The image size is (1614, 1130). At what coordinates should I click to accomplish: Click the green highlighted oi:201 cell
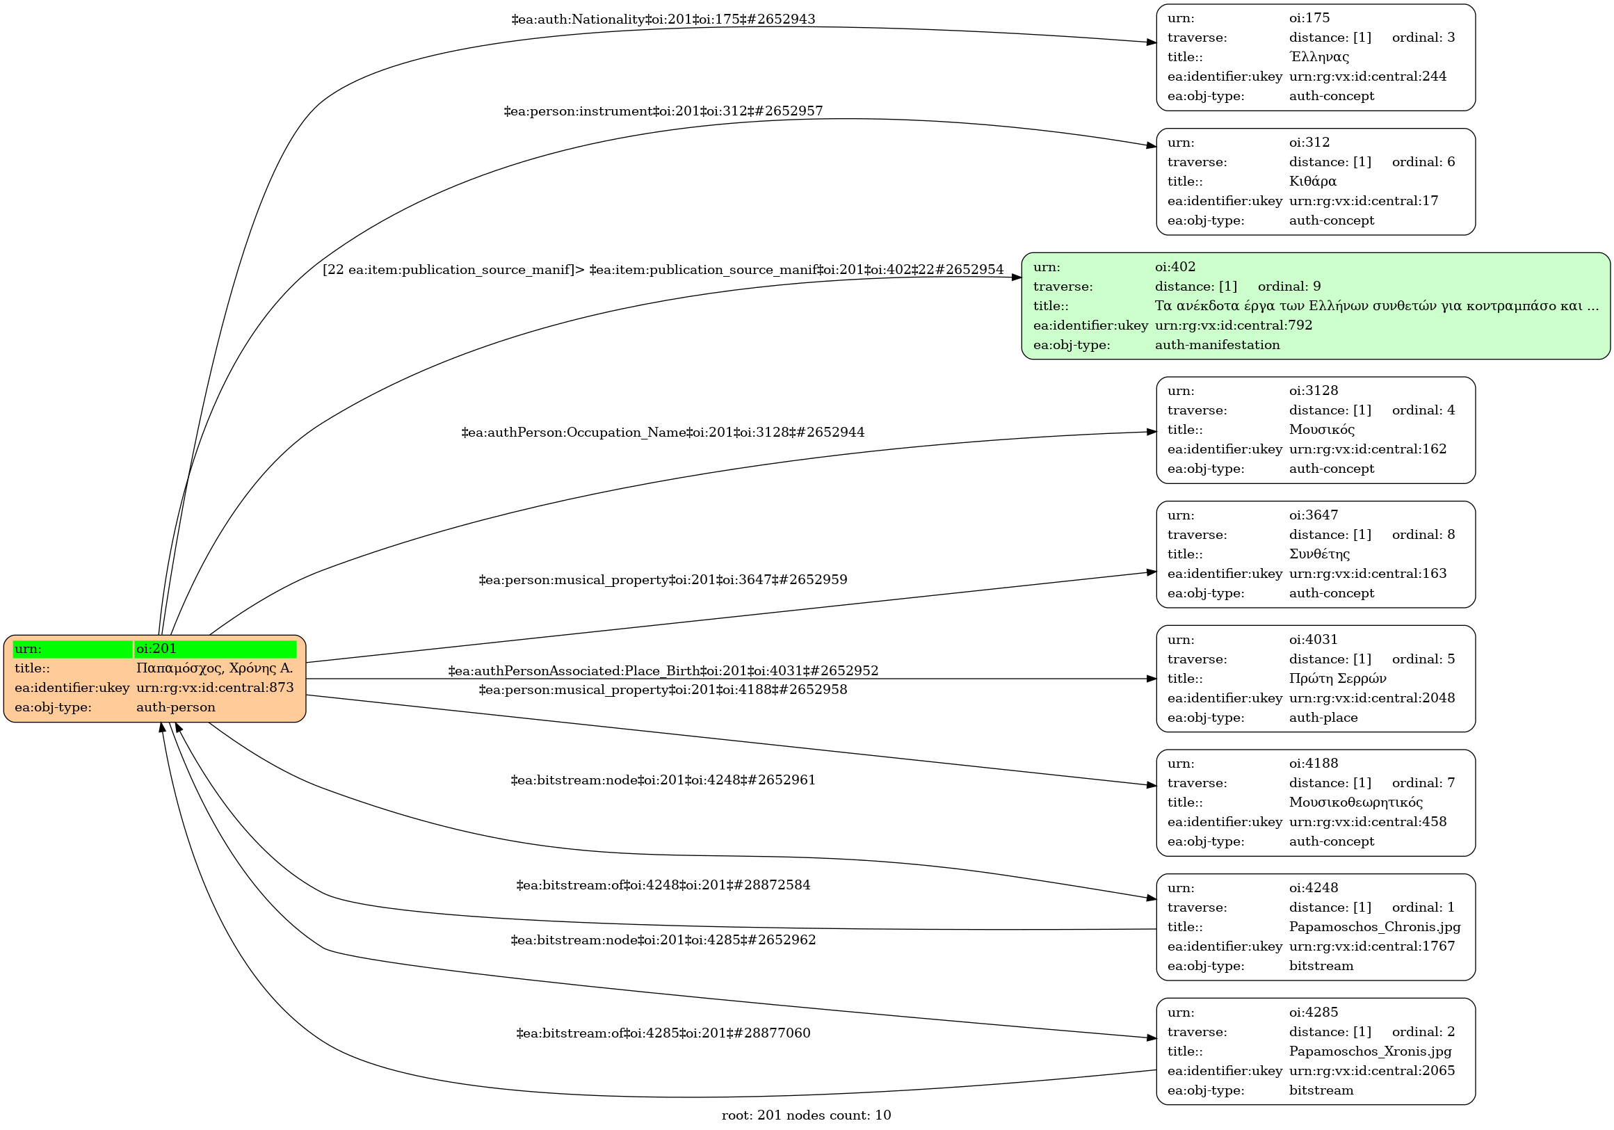pos(214,648)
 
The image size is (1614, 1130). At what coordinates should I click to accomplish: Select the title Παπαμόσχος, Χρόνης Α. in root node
pos(214,668)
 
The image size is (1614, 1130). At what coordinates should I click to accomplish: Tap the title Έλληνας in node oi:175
pos(1318,57)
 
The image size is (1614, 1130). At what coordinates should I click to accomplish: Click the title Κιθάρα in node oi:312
pos(1312,181)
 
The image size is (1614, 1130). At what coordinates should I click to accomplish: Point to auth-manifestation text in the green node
pos(1217,344)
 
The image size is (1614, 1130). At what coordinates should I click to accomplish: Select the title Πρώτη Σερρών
pos(1337,679)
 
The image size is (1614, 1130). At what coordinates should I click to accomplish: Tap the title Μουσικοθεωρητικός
pos(1355,802)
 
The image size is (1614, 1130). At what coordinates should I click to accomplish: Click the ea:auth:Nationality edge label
pos(663,19)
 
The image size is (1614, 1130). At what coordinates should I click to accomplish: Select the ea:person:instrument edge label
pos(663,111)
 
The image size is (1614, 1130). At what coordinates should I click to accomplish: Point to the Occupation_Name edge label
pos(663,433)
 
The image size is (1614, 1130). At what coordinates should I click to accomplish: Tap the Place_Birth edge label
pos(663,671)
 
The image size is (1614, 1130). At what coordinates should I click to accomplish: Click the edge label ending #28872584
pos(663,885)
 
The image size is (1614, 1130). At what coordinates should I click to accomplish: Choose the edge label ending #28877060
pos(663,1033)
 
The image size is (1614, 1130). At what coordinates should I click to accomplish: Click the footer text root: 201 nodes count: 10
pos(806,1115)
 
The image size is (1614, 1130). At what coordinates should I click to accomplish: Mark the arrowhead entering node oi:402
pos(1017,277)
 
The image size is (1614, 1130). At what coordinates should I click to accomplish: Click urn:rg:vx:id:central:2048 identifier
pos(1371,698)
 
